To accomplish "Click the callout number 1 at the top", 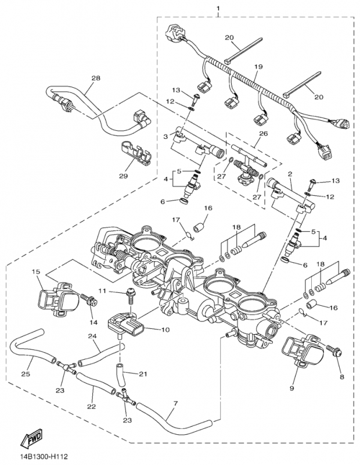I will (218, 9).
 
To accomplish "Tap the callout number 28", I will (95, 78).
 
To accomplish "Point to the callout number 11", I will (102, 290).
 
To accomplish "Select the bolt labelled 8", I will (335, 351).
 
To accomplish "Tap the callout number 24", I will (92, 337).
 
